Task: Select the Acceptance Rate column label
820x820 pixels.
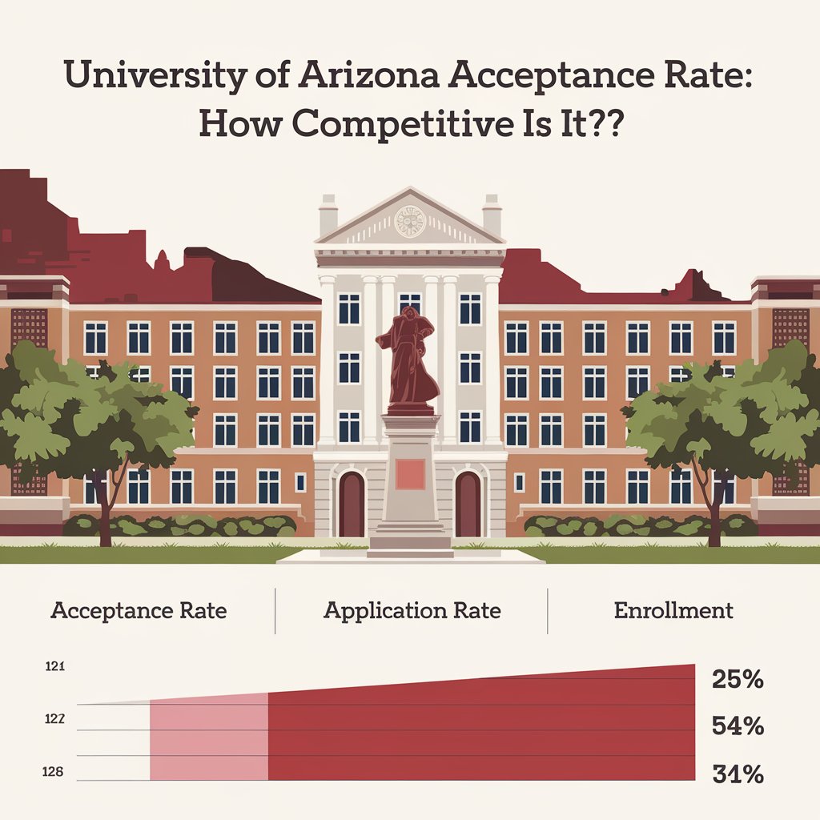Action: pos(139,610)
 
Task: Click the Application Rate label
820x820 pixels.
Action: pos(412,610)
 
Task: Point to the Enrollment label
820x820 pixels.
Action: pos(673,610)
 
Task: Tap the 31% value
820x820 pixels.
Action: pos(737,774)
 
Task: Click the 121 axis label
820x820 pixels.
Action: pos(54,666)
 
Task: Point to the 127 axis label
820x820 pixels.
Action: pos(54,719)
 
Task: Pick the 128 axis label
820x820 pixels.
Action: pos(54,773)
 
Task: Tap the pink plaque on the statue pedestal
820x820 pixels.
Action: pos(411,474)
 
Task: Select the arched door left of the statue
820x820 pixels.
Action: pos(352,504)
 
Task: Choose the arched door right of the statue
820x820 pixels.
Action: pos(468,504)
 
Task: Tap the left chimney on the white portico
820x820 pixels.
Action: pos(328,215)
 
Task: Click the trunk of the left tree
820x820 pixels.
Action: pos(104,512)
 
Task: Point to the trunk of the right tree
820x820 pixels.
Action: pos(710,512)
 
